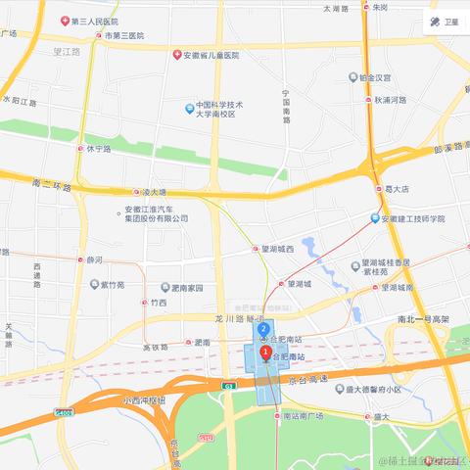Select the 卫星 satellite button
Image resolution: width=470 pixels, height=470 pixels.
[x=446, y=22]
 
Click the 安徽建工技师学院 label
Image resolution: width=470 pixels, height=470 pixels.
[x=412, y=218]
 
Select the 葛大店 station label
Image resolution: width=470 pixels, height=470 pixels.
[x=397, y=190]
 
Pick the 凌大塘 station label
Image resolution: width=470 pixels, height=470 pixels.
[x=154, y=193]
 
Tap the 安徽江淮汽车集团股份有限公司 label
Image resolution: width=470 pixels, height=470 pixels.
[x=156, y=213]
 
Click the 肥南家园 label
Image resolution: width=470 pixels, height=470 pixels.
[x=185, y=288]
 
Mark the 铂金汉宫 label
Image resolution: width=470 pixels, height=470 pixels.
[x=375, y=76]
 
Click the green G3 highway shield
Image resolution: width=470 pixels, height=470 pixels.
[x=228, y=387]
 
